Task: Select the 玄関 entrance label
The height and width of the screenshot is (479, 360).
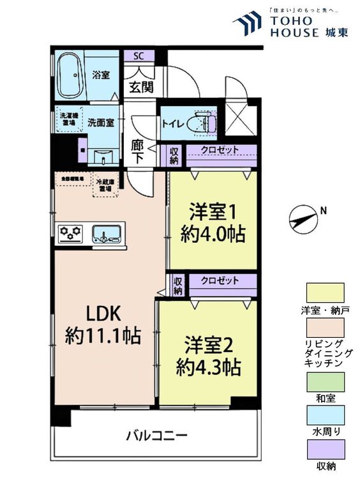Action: [x=141, y=87]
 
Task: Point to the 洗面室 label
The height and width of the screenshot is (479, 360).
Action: [x=100, y=121]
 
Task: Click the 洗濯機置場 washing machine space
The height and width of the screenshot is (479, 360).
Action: [x=67, y=119]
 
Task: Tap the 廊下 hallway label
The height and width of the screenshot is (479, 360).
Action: [x=137, y=150]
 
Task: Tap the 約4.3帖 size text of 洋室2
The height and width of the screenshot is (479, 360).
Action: [x=209, y=367]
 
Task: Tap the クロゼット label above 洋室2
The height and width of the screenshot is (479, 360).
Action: [x=220, y=281]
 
